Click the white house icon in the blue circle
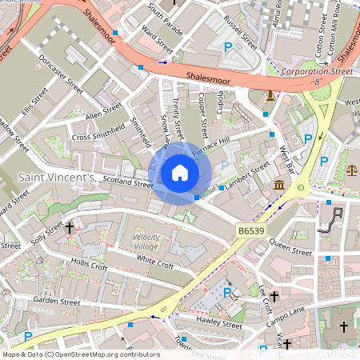pos(180,173)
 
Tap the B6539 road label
pos(250,230)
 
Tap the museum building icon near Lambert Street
pos(278,186)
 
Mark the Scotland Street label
pos(126,183)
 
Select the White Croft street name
pos(155,263)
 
